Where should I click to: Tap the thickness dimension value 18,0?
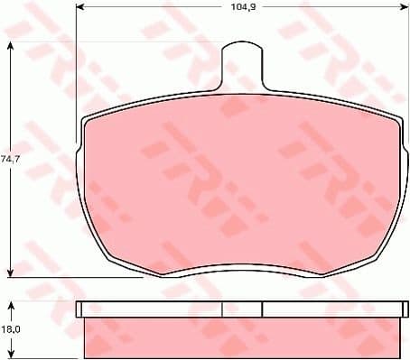point(9,331)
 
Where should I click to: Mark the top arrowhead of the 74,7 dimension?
point(11,46)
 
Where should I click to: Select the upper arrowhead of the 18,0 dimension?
point(11,305)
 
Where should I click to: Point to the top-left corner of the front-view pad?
point(86,121)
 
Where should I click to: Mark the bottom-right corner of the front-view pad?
point(365,261)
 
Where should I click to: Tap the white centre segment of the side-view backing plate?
point(241,309)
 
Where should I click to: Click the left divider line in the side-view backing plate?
point(222,309)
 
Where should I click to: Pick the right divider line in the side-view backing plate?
point(261,309)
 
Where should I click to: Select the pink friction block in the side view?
point(239,337)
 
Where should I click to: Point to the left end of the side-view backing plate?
point(79,309)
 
